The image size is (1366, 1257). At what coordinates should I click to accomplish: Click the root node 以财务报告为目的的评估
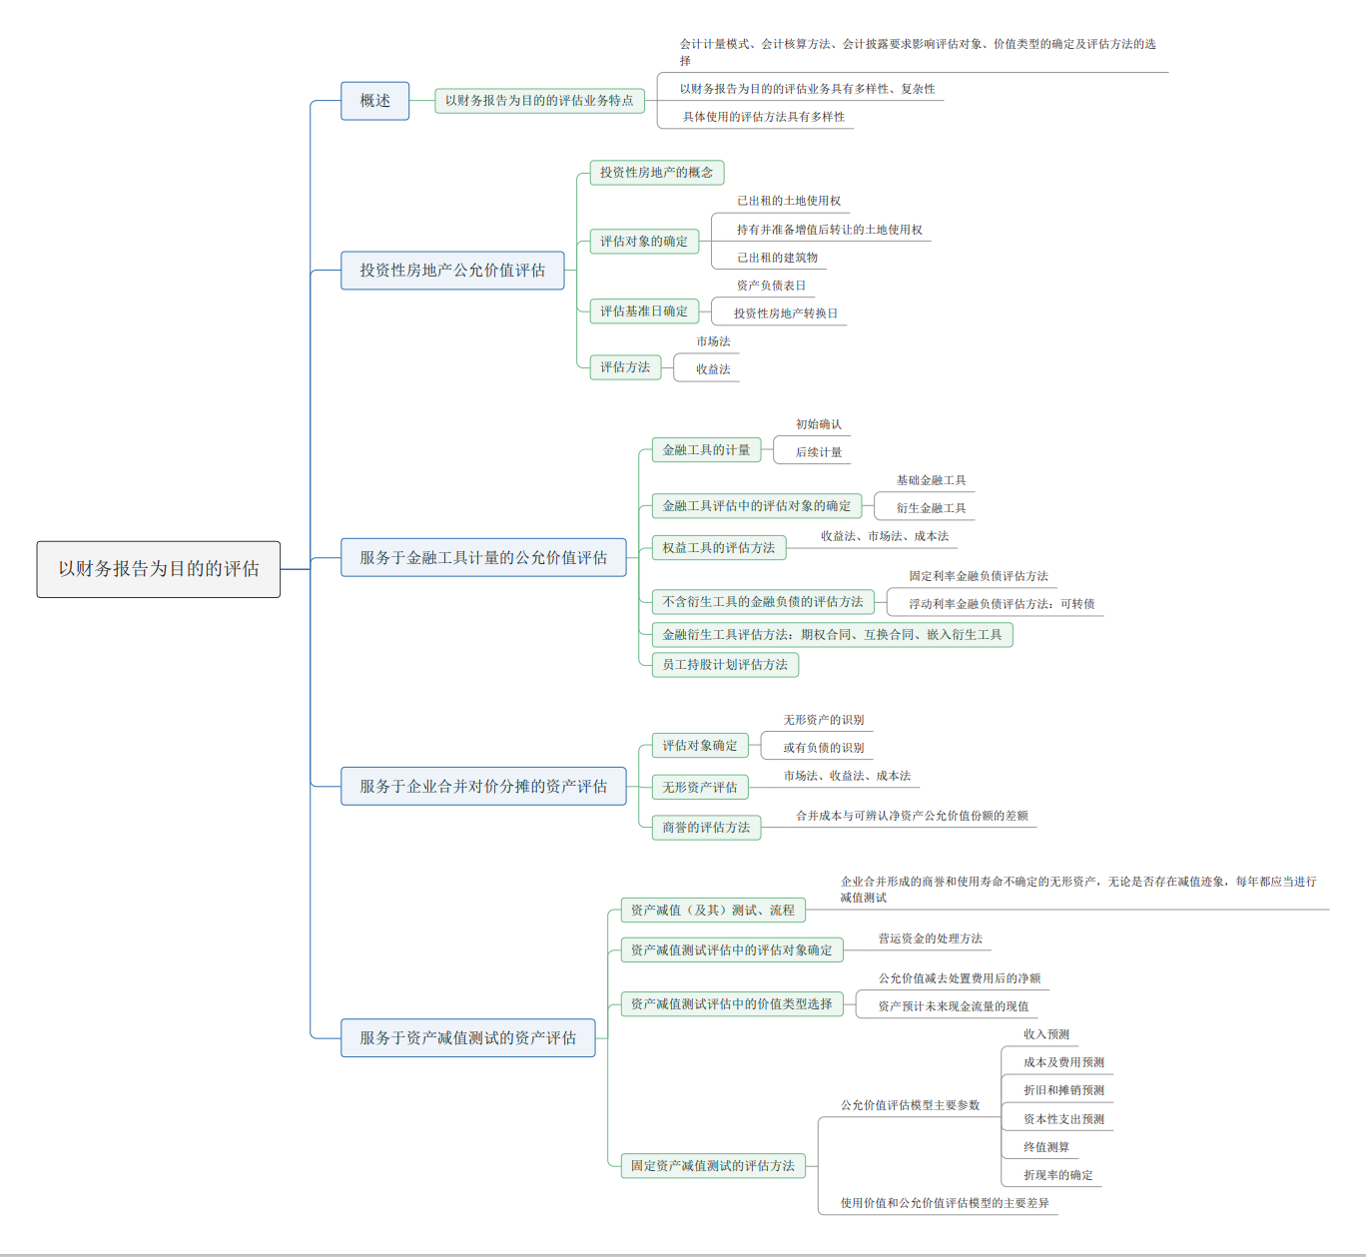point(158,569)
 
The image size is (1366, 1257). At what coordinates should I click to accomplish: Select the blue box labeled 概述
point(375,101)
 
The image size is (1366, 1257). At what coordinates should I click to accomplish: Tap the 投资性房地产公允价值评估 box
point(452,271)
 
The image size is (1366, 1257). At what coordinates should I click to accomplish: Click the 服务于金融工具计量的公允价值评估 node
point(483,558)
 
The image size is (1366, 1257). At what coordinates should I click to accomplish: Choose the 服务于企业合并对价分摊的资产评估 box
point(483,787)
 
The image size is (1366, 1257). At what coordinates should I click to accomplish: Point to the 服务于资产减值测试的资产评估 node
point(468,1037)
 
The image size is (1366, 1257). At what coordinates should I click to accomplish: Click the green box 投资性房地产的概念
point(656,173)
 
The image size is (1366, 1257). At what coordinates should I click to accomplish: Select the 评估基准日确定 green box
point(644,312)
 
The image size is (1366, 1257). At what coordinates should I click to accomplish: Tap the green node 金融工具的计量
point(706,450)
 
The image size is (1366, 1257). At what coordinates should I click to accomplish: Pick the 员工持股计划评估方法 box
point(725,665)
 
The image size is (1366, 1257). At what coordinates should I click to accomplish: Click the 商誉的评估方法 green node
point(706,828)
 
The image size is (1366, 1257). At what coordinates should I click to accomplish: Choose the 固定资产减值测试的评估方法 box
point(713,1166)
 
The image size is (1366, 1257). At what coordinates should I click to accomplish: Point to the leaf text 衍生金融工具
point(931,508)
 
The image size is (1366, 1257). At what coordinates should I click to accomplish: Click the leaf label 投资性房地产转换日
point(786,314)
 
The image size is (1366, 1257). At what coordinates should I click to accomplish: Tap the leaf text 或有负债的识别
point(823,748)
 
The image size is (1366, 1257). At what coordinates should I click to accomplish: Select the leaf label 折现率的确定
point(1058,1175)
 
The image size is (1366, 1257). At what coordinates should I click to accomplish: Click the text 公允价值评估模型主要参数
point(910,1105)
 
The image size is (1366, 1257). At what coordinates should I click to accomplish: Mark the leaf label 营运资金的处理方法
point(931,939)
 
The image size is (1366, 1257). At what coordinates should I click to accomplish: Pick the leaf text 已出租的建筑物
point(777,258)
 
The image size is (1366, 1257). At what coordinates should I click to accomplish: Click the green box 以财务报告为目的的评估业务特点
point(539,101)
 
